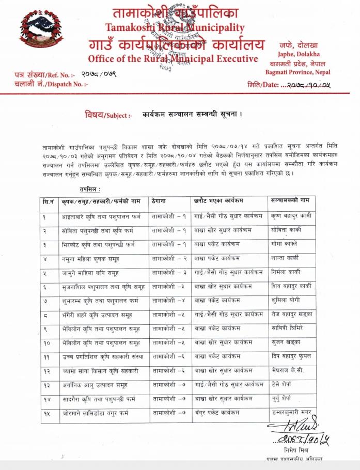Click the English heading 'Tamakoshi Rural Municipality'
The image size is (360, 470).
tap(175, 27)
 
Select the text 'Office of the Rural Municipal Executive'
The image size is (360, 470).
tap(173, 58)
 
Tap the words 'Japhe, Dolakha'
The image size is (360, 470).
tap(302, 54)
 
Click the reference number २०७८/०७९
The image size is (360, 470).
tap(99, 74)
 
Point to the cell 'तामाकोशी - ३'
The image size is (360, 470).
tap(169, 272)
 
